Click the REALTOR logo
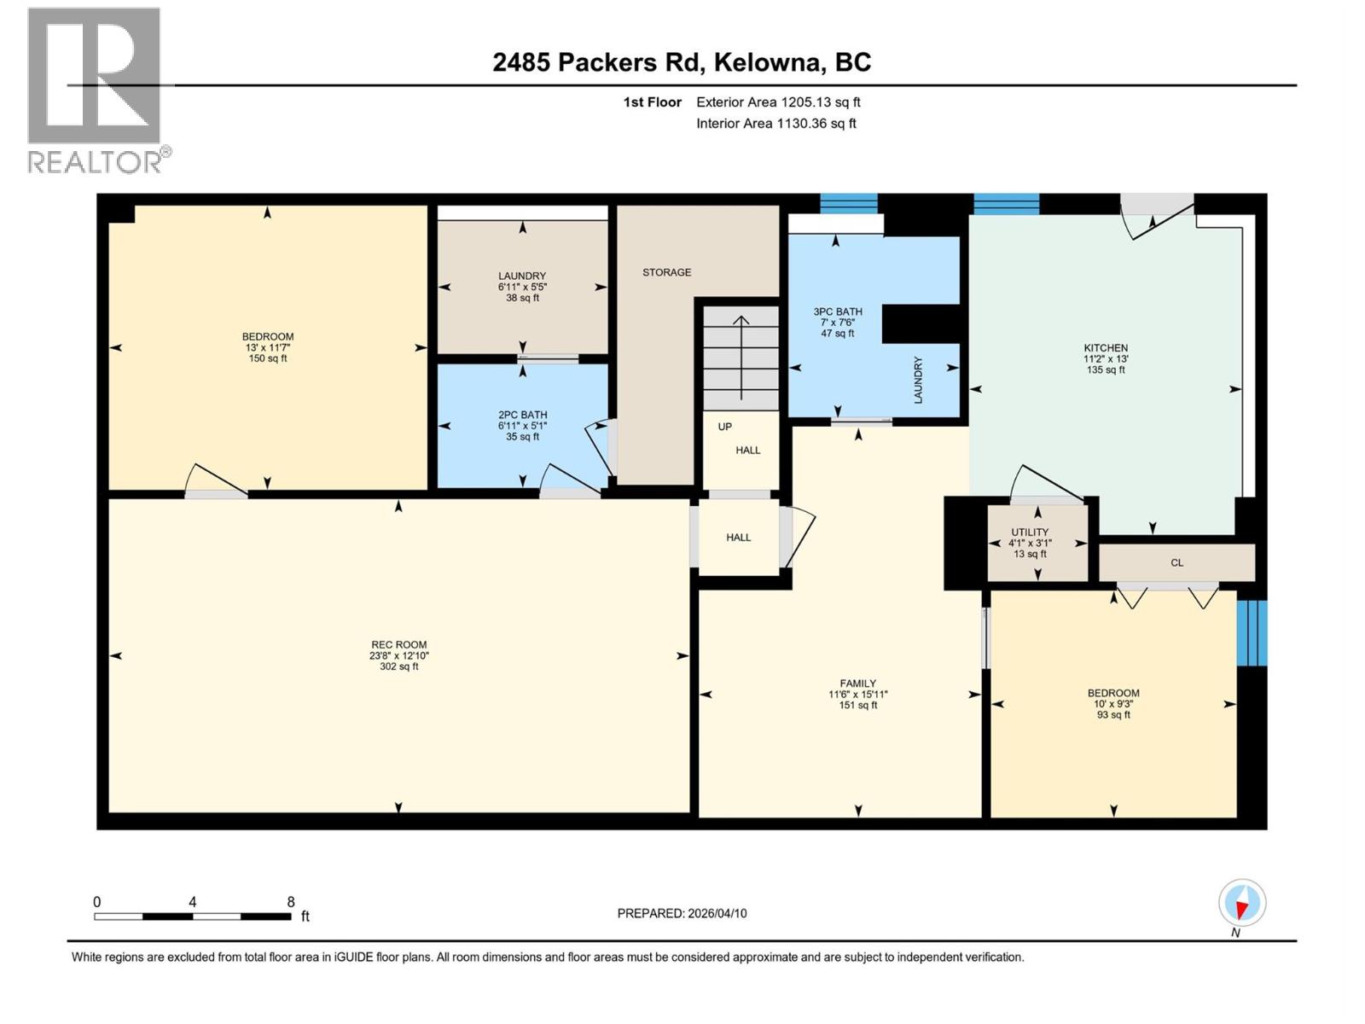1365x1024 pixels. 96,90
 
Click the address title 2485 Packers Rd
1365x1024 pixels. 682,62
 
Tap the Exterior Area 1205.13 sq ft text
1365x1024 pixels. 778,102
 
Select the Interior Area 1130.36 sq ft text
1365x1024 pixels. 775,124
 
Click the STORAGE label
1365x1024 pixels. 666,272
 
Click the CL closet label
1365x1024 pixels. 1176,563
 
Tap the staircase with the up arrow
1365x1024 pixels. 741,358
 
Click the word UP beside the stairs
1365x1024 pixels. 724,427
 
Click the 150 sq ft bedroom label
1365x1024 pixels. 267,347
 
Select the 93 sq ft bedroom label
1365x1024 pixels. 1112,704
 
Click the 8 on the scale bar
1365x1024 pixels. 291,902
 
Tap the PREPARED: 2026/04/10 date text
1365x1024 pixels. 682,913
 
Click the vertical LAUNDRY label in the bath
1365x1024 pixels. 918,381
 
